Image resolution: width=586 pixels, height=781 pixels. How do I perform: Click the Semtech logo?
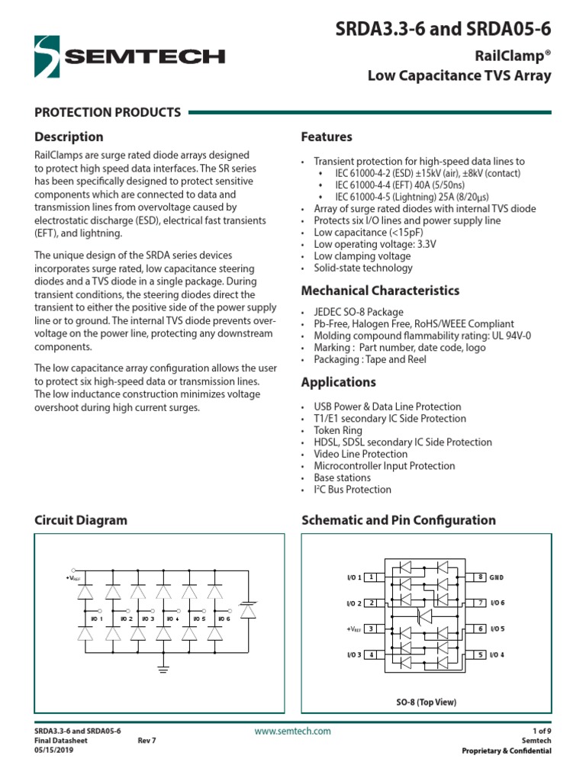pyautogui.click(x=130, y=56)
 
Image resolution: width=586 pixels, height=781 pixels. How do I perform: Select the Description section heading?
pyautogui.click(x=69, y=137)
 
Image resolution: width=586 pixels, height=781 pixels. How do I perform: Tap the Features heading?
pyautogui.click(x=327, y=137)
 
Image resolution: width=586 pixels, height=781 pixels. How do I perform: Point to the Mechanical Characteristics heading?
pyautogui.click(x=380, y=291)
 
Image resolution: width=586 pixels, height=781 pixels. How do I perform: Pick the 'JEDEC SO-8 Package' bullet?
pyautogui.click(x=359, y=312)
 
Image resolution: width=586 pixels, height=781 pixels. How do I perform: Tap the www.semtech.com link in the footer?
pyautogui.click(x=293, y=731)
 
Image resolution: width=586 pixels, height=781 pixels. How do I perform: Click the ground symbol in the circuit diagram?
pyautogui.click(x=163, y=669)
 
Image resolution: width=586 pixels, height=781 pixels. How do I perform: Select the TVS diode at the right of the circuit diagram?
pyautogui.click(x=248, y=611)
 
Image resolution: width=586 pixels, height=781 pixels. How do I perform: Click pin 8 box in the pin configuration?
pyautogui.click(x=481, y=577)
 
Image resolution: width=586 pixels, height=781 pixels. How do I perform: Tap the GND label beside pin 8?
pyautogui.click(x=497, y=577)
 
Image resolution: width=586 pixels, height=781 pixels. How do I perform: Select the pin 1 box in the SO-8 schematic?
pyautogui.click(x=371, y=577)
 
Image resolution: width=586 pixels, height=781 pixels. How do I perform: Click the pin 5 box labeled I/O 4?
pyautogui.click(x=481, y=655)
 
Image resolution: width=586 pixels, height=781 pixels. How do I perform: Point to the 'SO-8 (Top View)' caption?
pyautogui.click(x=426, y=702)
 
